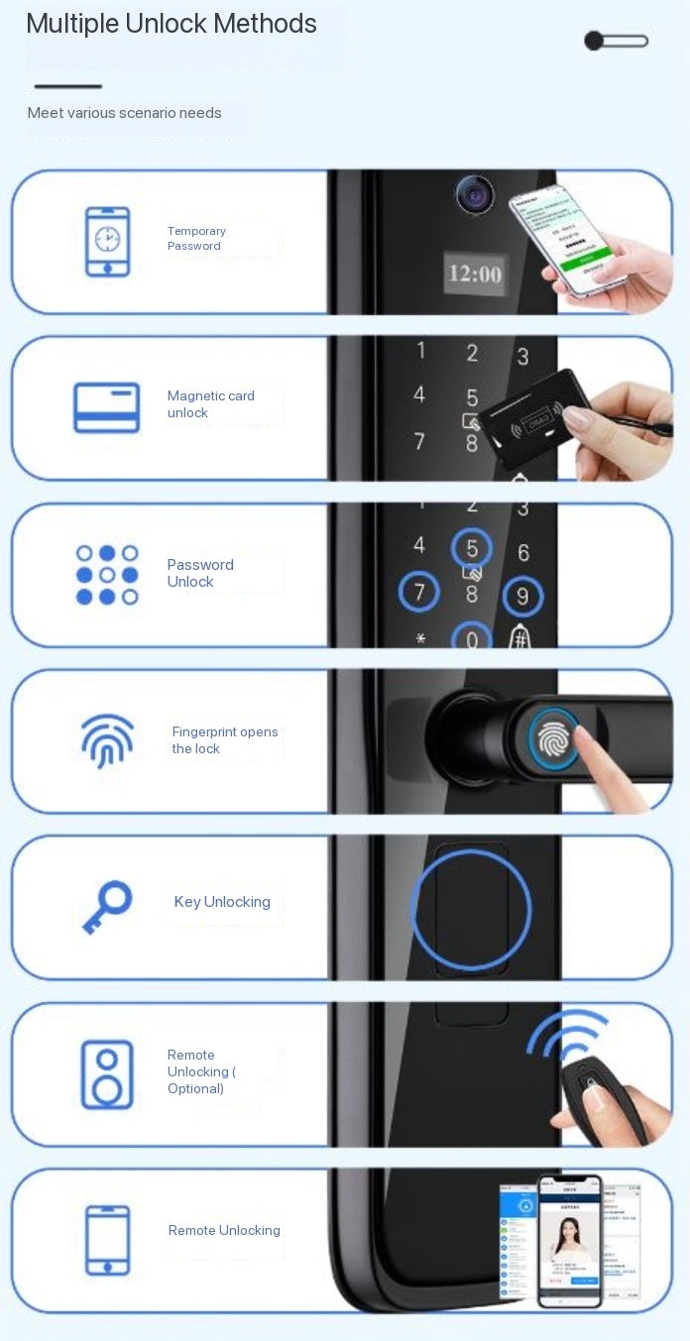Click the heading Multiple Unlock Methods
pyautogui.click(x=172, y=24)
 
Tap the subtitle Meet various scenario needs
pyautogui.click(x=125, y=113)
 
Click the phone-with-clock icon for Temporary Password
pyautogui.click(x=107, y=242)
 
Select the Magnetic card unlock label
pyautogui.click(x=210, y=403)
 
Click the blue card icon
pyautogui.click(x=107, y=407)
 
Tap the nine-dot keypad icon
pyautogui.click(x=107, y=575)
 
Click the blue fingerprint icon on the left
pyautogui.click(x=107, y=740)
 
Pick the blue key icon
pyautogui.click(x=107, y=906)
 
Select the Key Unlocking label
pyautogui.click(x=222, y=902)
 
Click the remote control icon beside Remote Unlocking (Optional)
pyautogui.click(x=107, y=1074)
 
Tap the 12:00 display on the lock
pyautogui.click(x=475, y=274)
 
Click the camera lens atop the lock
pyautogui.click(x=475, y=193)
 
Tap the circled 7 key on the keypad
pyautogui.click(x=419, y=593)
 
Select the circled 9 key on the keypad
pyautogui.click(x=522, y=596)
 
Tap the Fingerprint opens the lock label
pyautogui.click(x=225, y=740)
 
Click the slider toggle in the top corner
pyautogui.click(x=616, y=41)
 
